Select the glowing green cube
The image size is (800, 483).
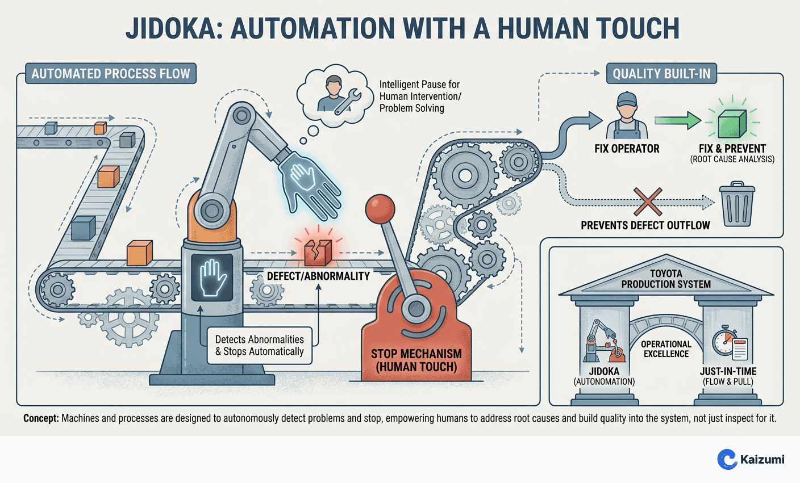[732, 123]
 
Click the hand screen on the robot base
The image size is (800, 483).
[213, 276]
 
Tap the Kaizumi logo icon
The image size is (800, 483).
[727, 459]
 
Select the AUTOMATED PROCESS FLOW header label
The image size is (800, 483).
[111, 74]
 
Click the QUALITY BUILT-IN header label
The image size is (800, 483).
[661, 74]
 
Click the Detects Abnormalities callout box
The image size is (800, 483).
[260, 345]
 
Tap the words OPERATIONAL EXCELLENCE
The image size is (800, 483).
[666, 349]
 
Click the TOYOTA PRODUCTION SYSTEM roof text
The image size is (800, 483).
[666, 279]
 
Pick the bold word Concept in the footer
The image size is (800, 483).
[41, 419]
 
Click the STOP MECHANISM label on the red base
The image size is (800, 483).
[416, 360]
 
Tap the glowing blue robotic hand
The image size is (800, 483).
[309, 181]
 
